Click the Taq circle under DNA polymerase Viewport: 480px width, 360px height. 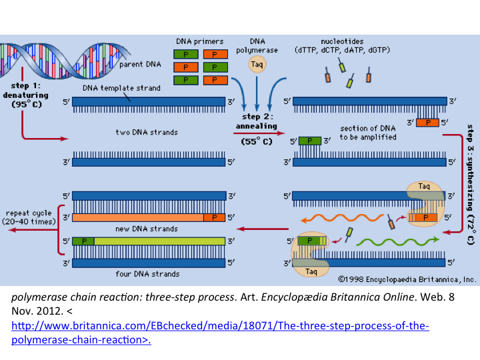click(x=257, y=65)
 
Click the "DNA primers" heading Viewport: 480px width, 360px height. click(x=200, y=41)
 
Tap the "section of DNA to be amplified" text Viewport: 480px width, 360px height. click(x=368, y=133)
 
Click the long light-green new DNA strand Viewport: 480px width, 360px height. click(x=159, y=241)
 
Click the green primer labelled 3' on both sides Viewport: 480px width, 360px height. click(x=310, y=141)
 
